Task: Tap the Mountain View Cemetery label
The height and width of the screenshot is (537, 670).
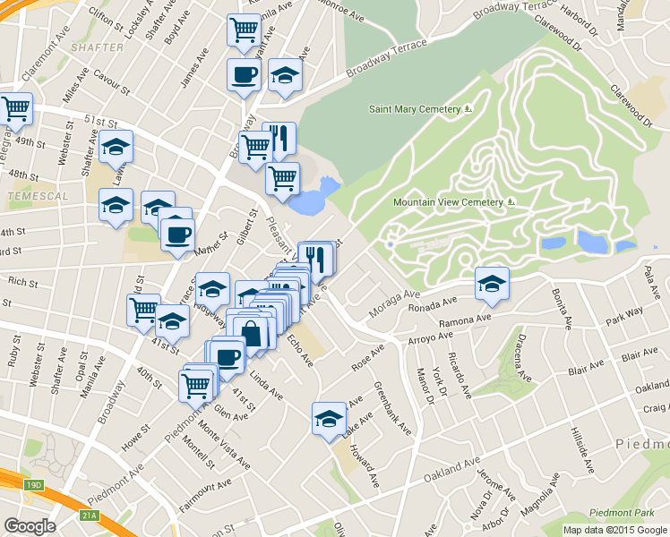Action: click(x=448, y=202)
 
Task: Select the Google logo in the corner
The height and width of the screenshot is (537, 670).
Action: click(x=30, y=525)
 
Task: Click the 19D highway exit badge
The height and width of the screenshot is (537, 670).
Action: click(x=34, y=484)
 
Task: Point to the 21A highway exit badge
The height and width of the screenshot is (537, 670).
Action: click(x=88, y=516)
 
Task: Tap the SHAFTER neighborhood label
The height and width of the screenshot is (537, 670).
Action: click(x=95, y=47)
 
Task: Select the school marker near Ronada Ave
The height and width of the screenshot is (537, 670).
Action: click(x=491, y=284)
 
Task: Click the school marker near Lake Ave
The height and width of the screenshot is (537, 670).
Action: click(x=329, y=418)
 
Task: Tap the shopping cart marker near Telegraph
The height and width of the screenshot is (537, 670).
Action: click(x=15, y=109)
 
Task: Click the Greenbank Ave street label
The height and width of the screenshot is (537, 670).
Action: click(x=394, y=410)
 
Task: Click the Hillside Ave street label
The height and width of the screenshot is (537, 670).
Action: click(x=580, y=450)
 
